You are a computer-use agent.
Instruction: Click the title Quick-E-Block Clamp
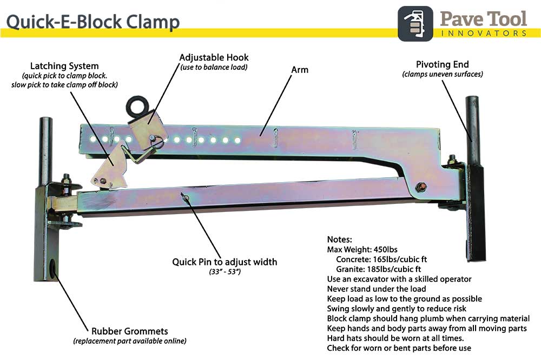pos(93,21)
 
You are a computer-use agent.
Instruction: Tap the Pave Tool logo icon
pos(415,23)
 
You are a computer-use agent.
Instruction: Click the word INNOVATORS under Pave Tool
pos(483,34)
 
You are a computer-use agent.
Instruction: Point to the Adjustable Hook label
pos(214,57)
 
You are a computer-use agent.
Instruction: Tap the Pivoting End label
pos(443,64)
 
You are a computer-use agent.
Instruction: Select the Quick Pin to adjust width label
pos(225,262)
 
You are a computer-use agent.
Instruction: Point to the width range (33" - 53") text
pos(225,271)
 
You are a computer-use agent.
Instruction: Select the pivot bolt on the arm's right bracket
pos(423,187)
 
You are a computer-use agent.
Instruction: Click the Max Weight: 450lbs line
pos(362,249)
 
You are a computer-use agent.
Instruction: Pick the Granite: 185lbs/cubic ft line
pos(378,269)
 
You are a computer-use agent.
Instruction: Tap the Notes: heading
pos(340,239)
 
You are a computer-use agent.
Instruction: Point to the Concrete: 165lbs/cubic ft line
pos(381,259)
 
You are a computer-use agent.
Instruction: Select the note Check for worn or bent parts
pos(399,348)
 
